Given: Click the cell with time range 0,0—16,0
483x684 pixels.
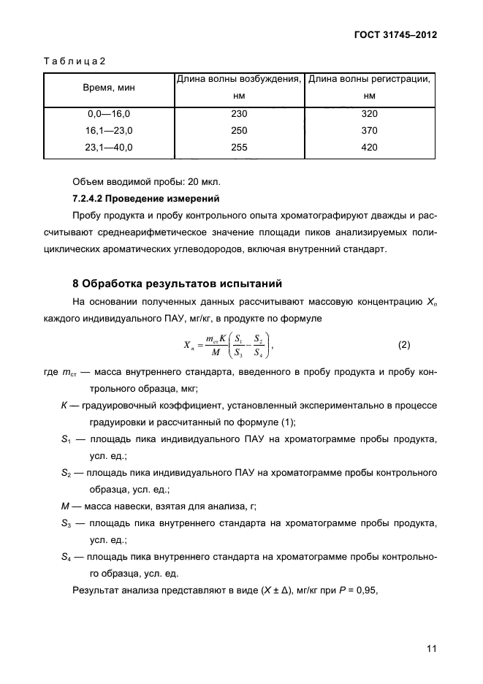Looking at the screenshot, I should (x=107, y=114).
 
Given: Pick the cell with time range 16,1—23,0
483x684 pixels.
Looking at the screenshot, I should (x=107, y=131).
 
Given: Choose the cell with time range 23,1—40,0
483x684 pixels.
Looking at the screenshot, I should (x=107, y=148).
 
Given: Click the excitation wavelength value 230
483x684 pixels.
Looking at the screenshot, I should (x=239, y=114).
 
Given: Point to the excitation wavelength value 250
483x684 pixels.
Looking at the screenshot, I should (x=239, y=131).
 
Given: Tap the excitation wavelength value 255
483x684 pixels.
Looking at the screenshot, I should (x=239, y=148).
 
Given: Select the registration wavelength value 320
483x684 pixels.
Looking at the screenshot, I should (x=369, y=114).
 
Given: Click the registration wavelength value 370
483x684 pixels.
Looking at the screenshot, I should (x=369, y=131).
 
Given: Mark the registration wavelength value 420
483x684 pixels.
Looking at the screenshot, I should (x=369, y=148).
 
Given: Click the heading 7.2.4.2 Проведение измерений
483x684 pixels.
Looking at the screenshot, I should (x=146, y=198).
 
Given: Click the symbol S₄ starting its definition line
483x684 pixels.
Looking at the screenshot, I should (x=65, y=557).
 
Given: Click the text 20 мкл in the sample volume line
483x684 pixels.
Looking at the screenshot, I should (x=202, y=181).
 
